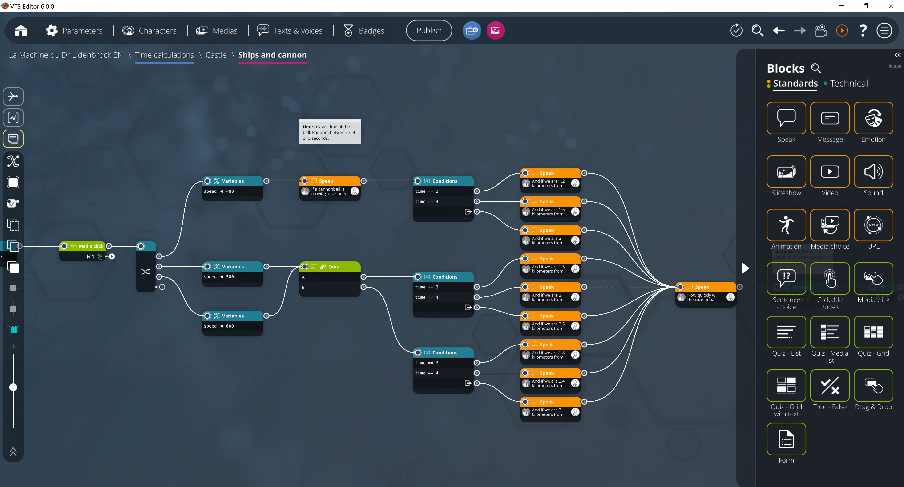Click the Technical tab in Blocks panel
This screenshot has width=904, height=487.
click(x=848, y=84)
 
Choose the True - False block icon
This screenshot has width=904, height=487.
click(x=830, y=386)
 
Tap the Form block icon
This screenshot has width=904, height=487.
click(x=786, y=439)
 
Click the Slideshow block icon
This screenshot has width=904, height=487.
click(x=786, y=172)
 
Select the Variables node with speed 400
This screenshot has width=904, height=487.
click(x=233, y=181)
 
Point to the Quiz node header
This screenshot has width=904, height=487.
click(x=333, y=267)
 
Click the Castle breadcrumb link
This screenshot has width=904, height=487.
click(x=216, y=55)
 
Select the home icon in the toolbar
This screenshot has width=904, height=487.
click(x=21, y=31)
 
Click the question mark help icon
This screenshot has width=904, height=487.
click(x=863, y=31)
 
